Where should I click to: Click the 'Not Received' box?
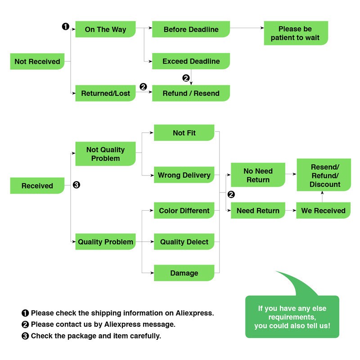[37, 62]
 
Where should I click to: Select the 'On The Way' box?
[105, 30]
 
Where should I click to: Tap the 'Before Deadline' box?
[191, 30]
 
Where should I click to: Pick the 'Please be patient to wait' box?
[295, 34]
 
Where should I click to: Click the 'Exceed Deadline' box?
[191, 61]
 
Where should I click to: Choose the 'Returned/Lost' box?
[105, 94]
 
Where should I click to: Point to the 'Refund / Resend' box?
[191, 94]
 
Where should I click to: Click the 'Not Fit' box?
[184, 133]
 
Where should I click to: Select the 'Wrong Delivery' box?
[184, 175]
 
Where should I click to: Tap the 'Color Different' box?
[184, 211]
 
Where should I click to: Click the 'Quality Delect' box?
[184, 242]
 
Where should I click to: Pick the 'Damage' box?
[184, 273]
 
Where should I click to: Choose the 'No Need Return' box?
[258, 175]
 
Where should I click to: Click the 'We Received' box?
[323, 211]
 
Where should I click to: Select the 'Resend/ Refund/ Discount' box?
[324, 175]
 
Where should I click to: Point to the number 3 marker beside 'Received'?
[76, 184]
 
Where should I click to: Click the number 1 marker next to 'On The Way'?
[65, 27]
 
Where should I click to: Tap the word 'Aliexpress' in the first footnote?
[194, 313]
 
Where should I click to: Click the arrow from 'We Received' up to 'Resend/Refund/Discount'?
[322, 197]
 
